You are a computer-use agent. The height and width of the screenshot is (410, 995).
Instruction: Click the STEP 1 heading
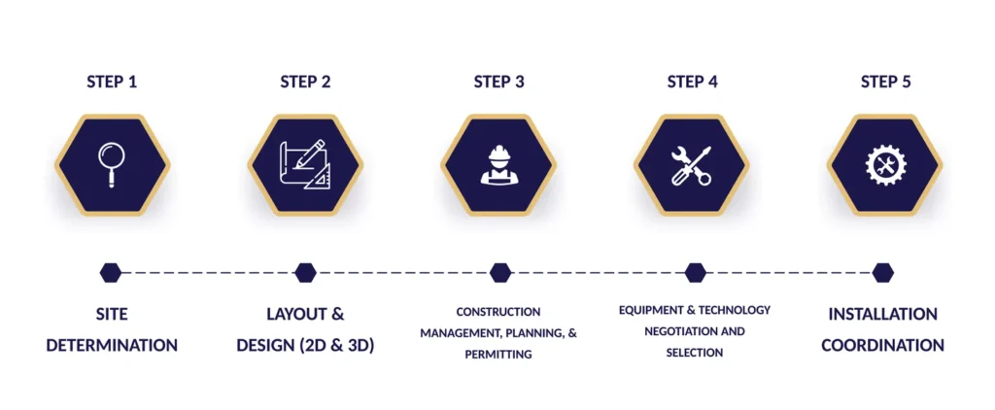pyautogui.click(x=112, y=82)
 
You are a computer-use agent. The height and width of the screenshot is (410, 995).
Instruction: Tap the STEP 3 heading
pyautogui.click(x=498, y=82)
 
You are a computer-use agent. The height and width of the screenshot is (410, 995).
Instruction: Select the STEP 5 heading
pyautogui.click(x=886, y=82)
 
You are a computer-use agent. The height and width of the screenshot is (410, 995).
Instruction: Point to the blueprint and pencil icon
pyautogui.click(x=305, y=164)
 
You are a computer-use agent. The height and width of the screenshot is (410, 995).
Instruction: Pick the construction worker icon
pyautogui.click(x=498, y=165)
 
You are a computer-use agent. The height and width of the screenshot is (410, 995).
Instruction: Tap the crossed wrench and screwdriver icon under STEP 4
pyautogui.click(x=692, y=165)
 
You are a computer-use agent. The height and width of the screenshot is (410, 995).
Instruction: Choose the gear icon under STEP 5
pyautogui.click(x=885, y=165)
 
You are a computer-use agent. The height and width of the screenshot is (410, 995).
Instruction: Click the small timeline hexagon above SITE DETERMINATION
pyautogui.click(x=111, y=272)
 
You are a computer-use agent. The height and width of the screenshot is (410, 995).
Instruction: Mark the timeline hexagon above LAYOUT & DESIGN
pyautogui.click(x=305, y=272)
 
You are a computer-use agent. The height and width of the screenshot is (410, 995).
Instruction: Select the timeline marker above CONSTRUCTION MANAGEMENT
pyautogui.click(x=500, y=272)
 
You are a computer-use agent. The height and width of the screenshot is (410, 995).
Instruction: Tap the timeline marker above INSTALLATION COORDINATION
pyautogui.click(x=882, y=272)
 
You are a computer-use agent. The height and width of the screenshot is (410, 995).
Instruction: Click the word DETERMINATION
pyautogui.click(x=112, y=346)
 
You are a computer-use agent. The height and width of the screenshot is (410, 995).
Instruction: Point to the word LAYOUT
pyautogui.click(x=295, y=314)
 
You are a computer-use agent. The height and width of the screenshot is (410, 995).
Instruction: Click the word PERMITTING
pyautogui.click(x=498, y=355)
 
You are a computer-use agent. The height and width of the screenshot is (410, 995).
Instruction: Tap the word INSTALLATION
pyautogui.click(x=882, y=314)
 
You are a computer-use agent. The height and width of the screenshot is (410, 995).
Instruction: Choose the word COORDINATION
pyautogui.click(x=882, y=346)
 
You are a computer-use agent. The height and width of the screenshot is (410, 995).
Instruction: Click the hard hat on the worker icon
pyautogui.click(x=498, y=153)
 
